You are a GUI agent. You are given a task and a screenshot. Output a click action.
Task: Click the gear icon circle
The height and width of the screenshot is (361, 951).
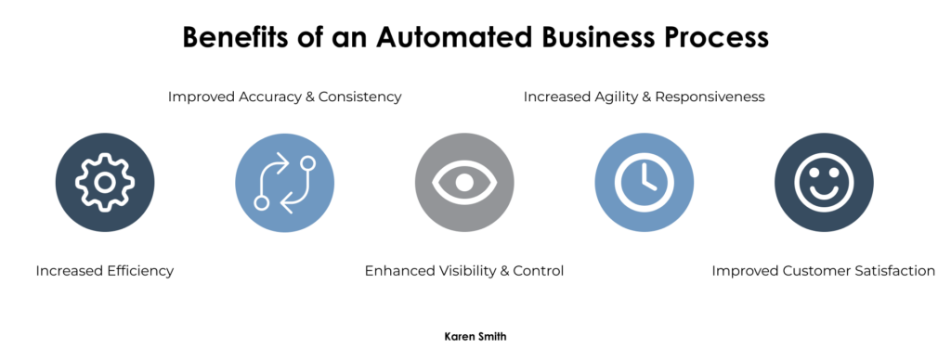coord(105,183)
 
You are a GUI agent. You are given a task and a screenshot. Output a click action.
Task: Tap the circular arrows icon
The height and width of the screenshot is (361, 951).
coord(284,183)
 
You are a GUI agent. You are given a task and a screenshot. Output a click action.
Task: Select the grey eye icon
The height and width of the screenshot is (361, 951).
coord(464,183)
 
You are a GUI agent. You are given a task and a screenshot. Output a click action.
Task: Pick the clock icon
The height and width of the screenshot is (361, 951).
coord(644,183)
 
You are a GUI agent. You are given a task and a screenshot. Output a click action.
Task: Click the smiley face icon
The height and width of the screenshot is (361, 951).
coord(824,183)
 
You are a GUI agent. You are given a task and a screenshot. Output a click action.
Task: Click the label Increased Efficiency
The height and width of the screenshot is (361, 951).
coord(105,271)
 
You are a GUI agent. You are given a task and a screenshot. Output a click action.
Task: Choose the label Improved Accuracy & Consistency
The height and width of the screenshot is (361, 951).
coord(284,97)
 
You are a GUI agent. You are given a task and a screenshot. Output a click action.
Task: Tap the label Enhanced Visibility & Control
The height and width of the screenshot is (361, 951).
coord(464,271)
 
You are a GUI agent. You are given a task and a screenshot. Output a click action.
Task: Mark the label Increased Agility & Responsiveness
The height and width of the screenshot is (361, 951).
coord(644,97)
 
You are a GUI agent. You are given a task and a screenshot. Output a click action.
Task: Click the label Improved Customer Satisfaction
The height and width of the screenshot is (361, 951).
coord(824,271)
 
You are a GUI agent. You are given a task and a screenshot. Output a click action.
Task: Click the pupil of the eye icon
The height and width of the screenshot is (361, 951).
coord(464,183)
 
